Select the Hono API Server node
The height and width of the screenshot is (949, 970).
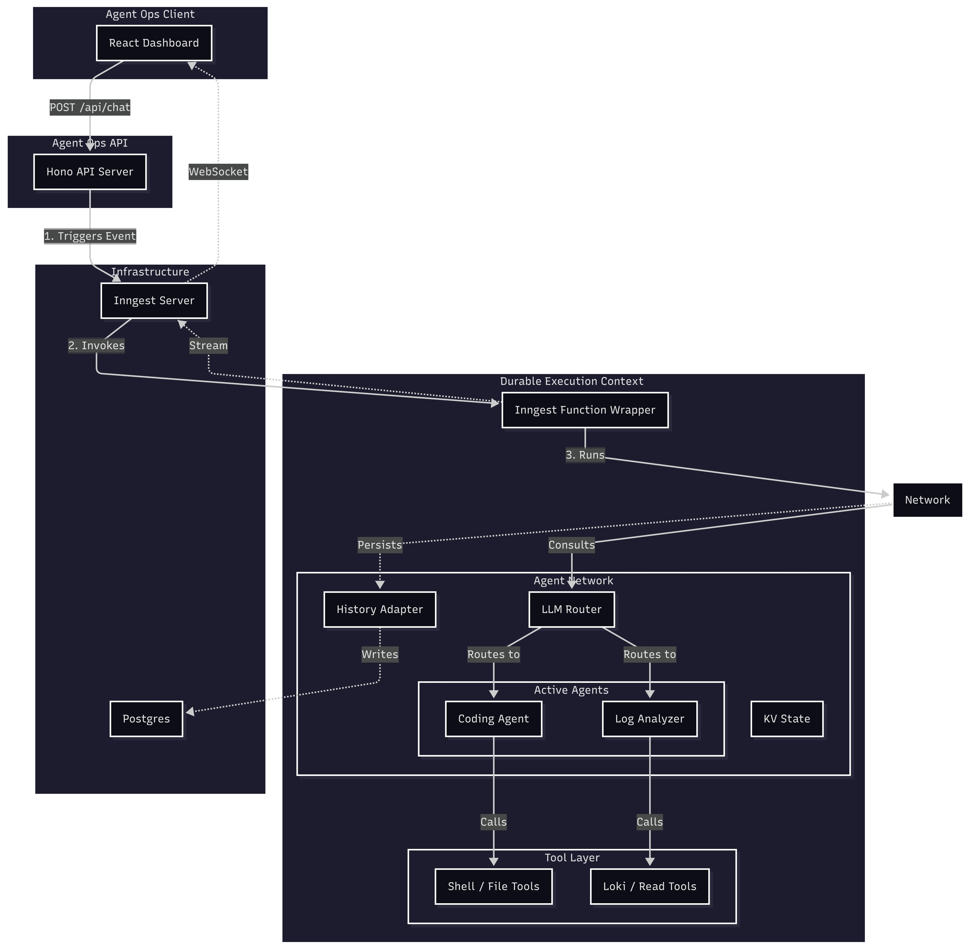[x=90, y=172]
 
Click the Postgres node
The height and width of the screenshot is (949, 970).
[x=146, y=719]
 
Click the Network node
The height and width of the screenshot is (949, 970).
[x=927, y=500]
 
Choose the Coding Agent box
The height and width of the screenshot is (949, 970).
[x=493, y=719]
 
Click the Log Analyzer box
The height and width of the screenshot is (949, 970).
[x=649, y=719]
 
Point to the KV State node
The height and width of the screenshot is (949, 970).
[x=786, y=719]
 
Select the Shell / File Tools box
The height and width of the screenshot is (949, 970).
[x=493, y=886]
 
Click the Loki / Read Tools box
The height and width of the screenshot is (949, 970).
[x=649, y=886]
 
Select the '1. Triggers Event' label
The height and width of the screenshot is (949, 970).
[x=90, y=236]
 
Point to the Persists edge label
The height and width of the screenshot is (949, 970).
[x=379, y=545]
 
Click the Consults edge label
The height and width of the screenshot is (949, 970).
[x=572, y=545]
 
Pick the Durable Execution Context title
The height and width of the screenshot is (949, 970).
[x=572, y=381]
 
